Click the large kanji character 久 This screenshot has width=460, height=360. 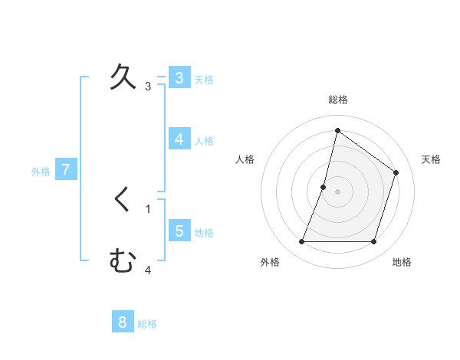[123, 78]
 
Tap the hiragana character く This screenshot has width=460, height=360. [123, 201]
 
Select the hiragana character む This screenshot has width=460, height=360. [123, 262]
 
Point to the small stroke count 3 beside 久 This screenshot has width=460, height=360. [148, 87]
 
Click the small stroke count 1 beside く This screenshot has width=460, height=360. [148, 209]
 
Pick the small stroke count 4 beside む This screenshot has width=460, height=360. [148, 270]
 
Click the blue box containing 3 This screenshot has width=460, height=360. [179, 78]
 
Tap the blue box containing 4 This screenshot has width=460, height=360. [179, 139]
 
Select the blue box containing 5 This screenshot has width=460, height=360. [179, 231]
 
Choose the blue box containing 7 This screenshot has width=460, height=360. [66, 170]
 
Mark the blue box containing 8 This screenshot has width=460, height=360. [122, 322]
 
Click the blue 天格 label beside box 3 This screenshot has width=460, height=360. [204, 80]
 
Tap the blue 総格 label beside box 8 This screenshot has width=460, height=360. [147, 324]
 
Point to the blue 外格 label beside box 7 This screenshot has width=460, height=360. [41, 172]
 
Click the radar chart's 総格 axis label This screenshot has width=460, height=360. [338, 100]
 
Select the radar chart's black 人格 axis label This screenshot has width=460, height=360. [245, 159]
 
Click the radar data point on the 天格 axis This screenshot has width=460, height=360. [396, 172]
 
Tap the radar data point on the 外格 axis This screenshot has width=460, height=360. [302, 242]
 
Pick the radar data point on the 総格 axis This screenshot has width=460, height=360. [337, 130]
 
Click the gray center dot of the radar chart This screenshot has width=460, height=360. [337, 191]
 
